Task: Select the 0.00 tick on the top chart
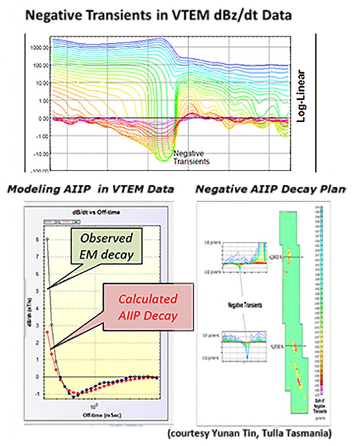[41, 118]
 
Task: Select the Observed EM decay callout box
[109, 247]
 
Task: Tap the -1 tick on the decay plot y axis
[37, 394]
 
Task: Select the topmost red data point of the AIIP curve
[47, 332]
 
